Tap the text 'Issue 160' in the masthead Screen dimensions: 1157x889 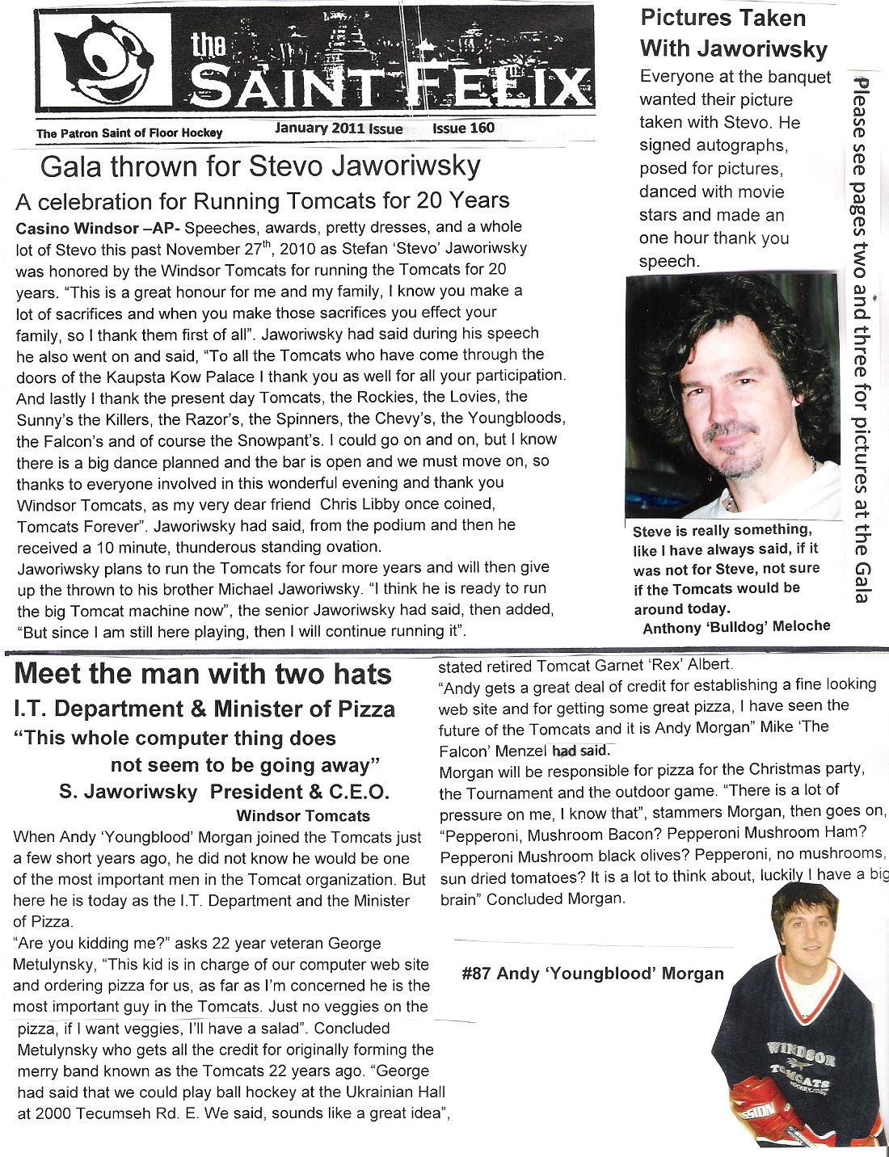(x=463, y=128)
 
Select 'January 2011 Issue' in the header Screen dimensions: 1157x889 (x=339, y=128)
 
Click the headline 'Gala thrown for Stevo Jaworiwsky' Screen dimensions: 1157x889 (x=259, y=167)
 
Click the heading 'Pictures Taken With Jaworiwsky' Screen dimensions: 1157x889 (x=733, y=33)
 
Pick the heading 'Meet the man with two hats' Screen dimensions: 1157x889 (x=203, y=674)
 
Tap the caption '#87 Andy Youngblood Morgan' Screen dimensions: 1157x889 (x=592, y=974)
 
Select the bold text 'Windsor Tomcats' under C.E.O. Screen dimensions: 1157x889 (x=303, y=816)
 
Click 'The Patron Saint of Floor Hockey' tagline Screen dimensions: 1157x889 (x=129, y=133)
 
